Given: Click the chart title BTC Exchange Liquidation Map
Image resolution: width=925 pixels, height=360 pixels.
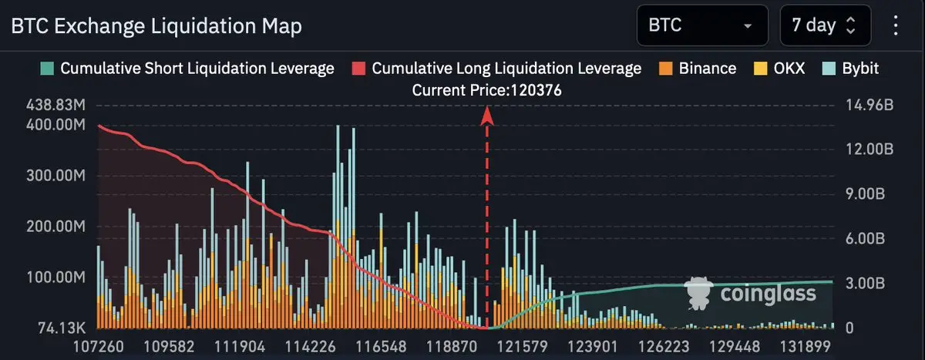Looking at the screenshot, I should (156, 26).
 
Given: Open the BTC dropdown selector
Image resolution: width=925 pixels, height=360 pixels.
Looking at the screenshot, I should (701, 25).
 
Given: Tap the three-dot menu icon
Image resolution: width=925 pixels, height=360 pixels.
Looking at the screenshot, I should (896, 25).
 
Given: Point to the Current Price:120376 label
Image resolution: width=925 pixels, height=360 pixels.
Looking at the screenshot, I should (486, 90).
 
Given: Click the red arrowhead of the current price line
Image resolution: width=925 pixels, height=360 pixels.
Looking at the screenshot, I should (487, 114).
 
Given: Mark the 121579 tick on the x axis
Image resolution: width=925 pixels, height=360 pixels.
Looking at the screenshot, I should (523, 347).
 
